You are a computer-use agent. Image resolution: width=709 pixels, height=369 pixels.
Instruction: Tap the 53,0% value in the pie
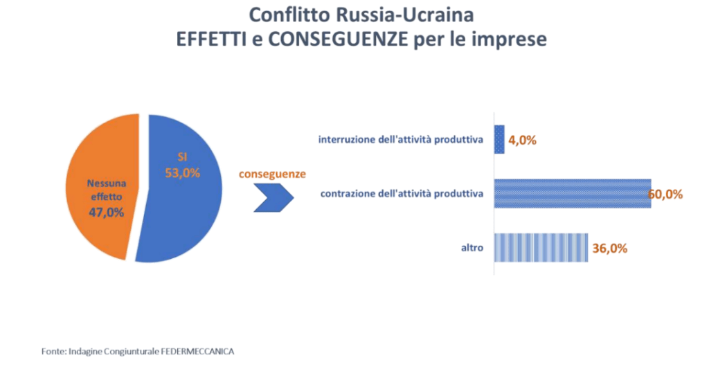(182, 172)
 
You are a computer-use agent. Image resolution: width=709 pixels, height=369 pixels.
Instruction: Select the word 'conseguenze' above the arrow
(272, 174)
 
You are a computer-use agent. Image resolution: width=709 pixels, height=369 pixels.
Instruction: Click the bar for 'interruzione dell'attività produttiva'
(499, 139)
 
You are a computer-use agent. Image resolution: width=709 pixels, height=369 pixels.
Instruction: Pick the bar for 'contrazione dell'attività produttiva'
(571, 193)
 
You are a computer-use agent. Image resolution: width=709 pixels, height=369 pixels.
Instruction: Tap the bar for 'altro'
(541, 248)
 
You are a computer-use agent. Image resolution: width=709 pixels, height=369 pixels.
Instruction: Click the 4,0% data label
(523, 140)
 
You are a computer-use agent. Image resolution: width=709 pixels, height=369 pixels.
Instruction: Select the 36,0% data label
(610, 248)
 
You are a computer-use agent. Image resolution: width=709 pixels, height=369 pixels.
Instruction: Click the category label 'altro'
(472, 248)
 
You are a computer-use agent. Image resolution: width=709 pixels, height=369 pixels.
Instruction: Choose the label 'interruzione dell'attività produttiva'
(400, 140)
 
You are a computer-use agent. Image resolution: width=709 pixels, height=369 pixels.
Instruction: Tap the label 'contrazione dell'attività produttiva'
(402, 194)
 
